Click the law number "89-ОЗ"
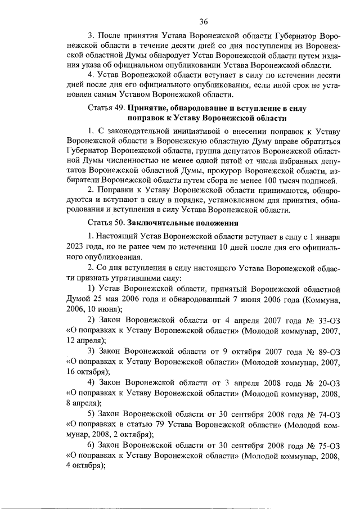328,350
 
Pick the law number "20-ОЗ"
328,382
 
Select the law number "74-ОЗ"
328,413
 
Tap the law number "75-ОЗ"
328,445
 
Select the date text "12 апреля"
85,340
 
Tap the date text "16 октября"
88,372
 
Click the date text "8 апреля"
83,403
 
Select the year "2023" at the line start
76,247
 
